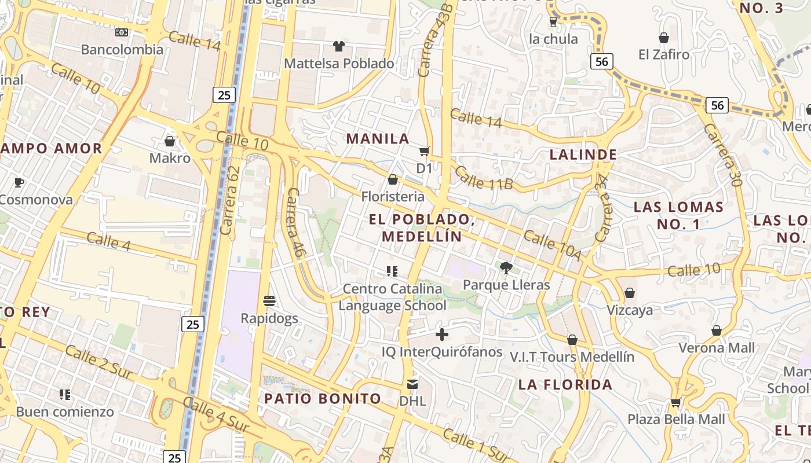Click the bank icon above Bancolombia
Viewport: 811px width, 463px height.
(x=121, y=32)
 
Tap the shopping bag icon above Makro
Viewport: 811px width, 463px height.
(x=170, y=141)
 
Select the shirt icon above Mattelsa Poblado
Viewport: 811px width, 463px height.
(x=338, y=46)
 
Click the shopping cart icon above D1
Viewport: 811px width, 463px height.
(x=425, y=151)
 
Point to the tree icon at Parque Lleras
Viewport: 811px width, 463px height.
(x=506, y=267)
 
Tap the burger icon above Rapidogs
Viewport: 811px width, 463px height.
(x=269, y=300)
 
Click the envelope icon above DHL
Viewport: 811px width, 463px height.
(x=412, y=384)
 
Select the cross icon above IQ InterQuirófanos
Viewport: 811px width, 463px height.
(x=442, y=335)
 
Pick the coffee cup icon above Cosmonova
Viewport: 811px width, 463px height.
(x=19, y=183)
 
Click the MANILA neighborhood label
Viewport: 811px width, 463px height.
(x=378, y=139)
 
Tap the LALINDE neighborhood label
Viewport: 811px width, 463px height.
(x=583, y=155)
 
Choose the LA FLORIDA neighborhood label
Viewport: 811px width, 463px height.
(x=565, y=385)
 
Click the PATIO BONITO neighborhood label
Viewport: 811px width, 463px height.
(x=323, y=398)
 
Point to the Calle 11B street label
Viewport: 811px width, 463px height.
(x=484, y=178)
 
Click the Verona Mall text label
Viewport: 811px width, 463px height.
(x=717, y=348)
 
